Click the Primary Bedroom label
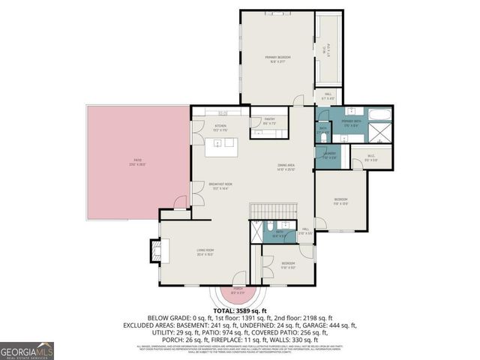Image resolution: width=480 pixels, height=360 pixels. tap(277, 58)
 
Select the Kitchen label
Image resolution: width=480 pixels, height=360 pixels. tap(220, 127)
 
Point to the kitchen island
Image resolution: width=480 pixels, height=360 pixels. tap(223, 145)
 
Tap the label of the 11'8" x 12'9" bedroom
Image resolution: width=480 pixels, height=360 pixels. tap(340, 200)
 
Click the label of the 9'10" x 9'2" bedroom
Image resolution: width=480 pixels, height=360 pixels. tap(288, 265)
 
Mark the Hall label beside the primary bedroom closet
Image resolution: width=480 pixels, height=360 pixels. tap(327, 97)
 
